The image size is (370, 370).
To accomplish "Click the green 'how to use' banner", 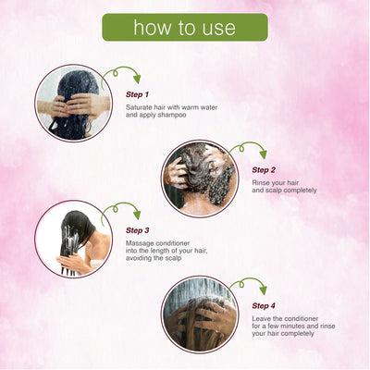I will [x=185, y=28].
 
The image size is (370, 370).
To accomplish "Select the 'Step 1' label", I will [x=137, y=94].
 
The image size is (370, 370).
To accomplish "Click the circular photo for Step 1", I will [x=73, y=103].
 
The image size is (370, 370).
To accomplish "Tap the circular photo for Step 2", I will [x=199, y=178].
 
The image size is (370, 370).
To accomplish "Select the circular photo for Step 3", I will [x=73, y=238].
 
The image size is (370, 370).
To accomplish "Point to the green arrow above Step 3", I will [x=122, y=210].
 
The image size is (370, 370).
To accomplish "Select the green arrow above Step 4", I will [x=248, y=285].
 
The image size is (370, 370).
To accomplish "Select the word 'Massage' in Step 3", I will [x=142, y=242].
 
